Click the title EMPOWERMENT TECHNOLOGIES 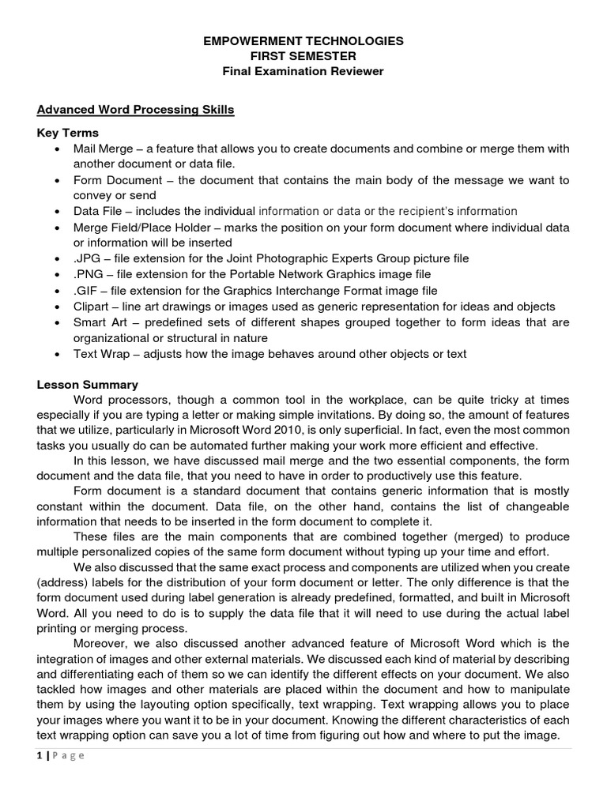(303, 40)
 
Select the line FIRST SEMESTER (303, 56)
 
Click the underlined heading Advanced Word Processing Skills (136, 110)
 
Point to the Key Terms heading (68, 133)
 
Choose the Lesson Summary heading (88, 385)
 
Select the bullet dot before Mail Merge (57, 149)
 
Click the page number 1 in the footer (40, 755)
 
